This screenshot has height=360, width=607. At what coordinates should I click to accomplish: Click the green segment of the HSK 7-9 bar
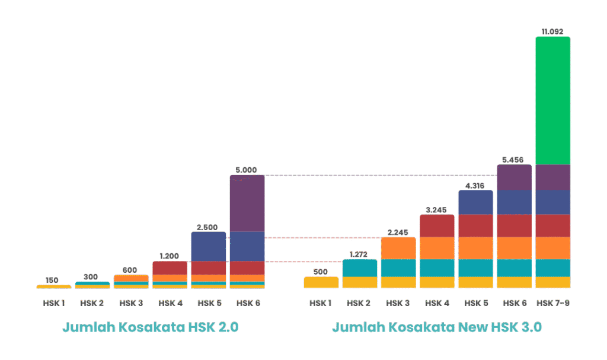coord(552,101)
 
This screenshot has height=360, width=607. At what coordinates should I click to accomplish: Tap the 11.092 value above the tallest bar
coord(552,31)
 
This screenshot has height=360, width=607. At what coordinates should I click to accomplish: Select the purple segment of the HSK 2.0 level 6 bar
coord(247,203)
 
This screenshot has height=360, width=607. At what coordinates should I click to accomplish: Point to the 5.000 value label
coord(247,170)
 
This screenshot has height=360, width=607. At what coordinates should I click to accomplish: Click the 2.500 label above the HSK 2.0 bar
coord(209,227)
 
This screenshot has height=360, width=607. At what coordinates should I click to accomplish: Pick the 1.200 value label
coord(170,256)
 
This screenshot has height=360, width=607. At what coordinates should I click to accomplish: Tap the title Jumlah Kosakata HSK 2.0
coord(151,327)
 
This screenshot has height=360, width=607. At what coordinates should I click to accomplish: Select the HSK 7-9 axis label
coord(552,303)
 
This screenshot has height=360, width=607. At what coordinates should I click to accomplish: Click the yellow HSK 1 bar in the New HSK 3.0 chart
coord(321,282)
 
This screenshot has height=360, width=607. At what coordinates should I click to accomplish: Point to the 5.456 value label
coord(514,159)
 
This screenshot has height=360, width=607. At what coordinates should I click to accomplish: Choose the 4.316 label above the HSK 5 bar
coord(475,185)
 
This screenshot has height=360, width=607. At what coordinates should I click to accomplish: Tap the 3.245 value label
coord(437,209)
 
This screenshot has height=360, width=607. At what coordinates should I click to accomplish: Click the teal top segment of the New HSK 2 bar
coord(360,268)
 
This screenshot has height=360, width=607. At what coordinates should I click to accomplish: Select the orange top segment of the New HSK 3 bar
coord(398,248)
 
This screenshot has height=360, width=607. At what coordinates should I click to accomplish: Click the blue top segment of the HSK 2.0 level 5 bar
coord(209,246)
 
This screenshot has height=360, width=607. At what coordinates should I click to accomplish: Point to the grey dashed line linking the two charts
coord(379,176)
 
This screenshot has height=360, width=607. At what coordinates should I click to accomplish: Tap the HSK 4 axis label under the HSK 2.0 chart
coord(170,303)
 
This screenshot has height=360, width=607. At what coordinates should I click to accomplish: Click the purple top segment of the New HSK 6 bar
coord(514,177)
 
